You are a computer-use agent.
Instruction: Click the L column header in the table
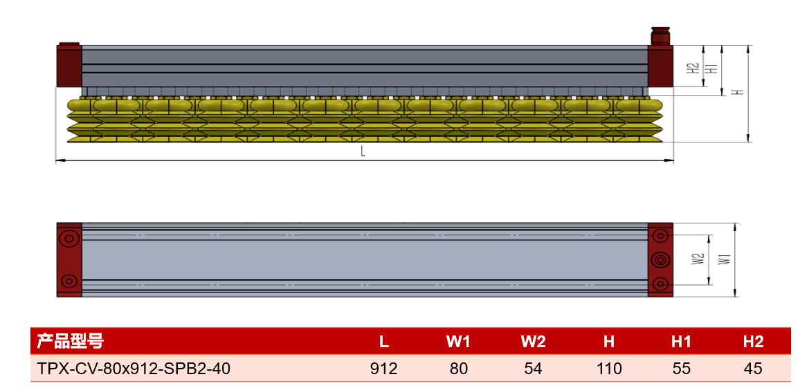click(x=383, y=342)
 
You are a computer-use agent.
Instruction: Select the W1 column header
click(x=457, y=342)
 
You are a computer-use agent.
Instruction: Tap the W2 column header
click(x=533, y=342)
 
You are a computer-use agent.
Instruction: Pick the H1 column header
click(x=681, y=342)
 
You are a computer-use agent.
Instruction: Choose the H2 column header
click(x=753, y=342)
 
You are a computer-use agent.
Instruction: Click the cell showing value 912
click(x=383, y=368)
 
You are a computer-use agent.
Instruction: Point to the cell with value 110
click(x=609, y=368)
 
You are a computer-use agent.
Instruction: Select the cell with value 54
click(x=533, y=368)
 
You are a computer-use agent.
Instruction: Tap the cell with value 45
click(x=753, y=368)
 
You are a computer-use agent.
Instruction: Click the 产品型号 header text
click(x=70, y=341)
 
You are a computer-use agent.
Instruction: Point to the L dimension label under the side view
click(x=363, y=151)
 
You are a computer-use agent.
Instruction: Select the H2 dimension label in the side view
click(x=692, y=68)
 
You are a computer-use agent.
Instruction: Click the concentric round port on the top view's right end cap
click(x=660, y=260)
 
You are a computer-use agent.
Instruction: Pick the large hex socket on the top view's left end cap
click(x=69, y=239)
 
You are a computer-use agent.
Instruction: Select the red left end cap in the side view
click(x=69, y=66)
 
